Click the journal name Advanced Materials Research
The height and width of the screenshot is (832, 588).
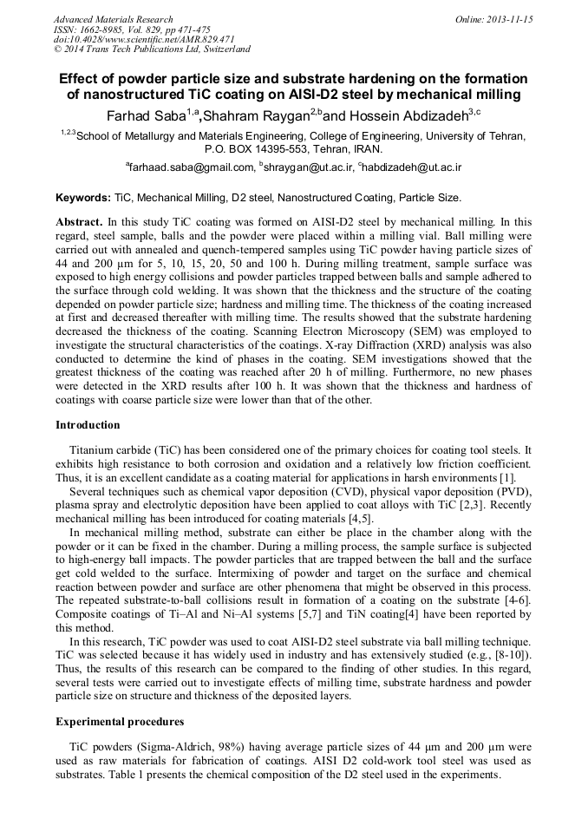pos(113,19)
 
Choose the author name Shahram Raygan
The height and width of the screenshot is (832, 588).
pos(258,115)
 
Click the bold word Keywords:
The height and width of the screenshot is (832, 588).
pos(83,199)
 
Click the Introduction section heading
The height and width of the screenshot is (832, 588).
pos(88,425)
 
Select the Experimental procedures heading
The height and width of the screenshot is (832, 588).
pos(119,722)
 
